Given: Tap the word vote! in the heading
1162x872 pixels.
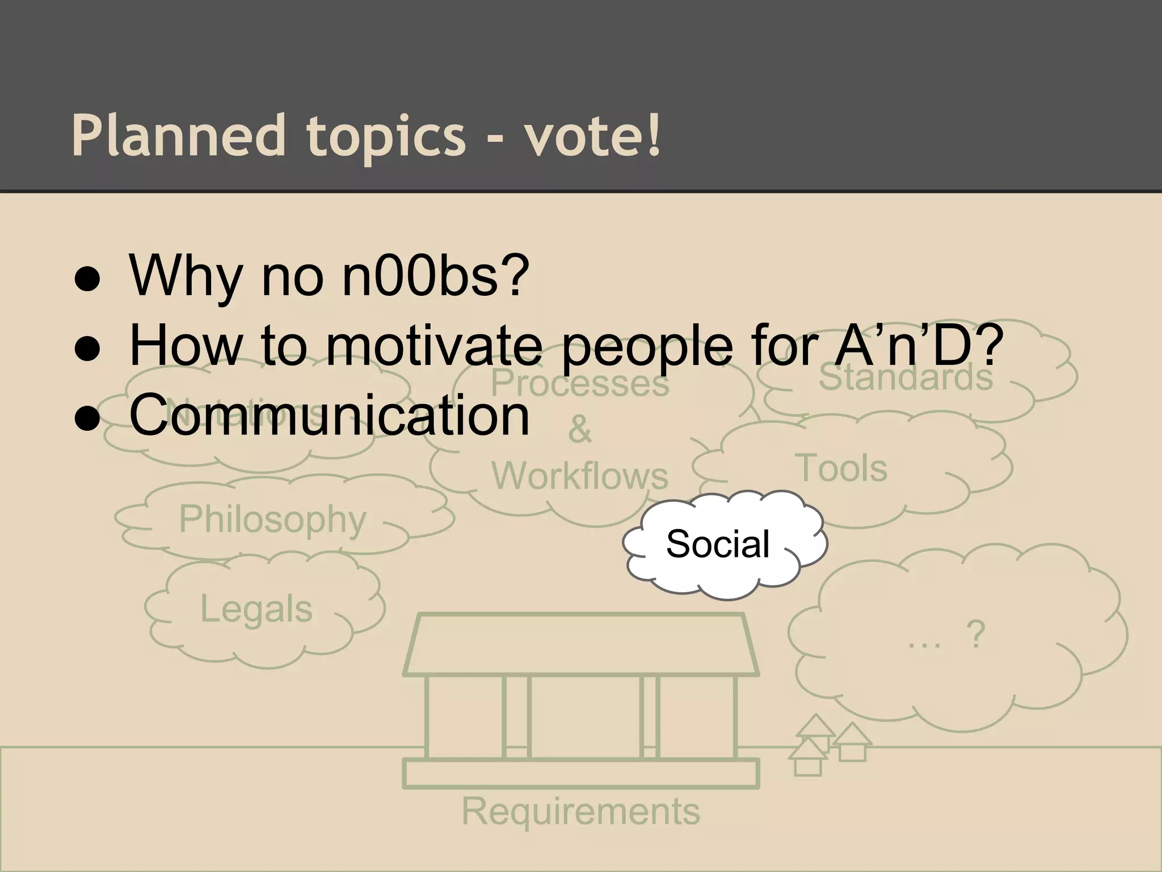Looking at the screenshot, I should tap(592, 136).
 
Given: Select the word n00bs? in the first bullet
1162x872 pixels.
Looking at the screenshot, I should tap(436, 276).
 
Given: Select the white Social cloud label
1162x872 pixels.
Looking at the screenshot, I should tap(718, 544).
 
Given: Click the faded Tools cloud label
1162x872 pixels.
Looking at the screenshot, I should tap(843, 469).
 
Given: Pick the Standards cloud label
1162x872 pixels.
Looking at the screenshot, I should tap(906, 378).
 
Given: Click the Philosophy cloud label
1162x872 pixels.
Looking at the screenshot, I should tap(272, 519).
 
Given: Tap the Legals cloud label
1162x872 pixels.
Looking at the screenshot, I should tap(256, 609).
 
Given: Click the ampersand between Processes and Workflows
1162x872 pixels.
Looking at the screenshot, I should tap(580, 429).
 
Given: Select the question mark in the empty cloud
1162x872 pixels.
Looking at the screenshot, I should tap(975, 635).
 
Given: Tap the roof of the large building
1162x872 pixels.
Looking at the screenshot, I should tap(580, 645).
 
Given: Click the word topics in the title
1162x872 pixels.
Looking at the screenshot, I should tap(386, 136).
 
